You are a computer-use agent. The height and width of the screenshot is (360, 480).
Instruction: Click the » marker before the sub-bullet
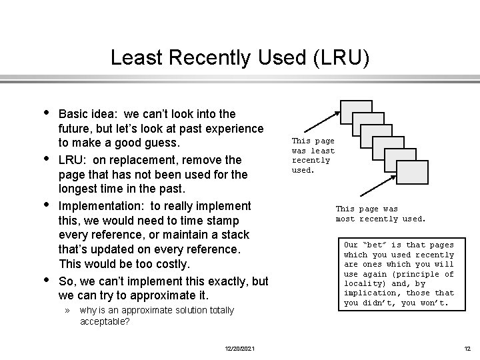click(67, 311)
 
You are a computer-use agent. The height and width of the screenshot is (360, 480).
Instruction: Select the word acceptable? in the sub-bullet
click(105, 321)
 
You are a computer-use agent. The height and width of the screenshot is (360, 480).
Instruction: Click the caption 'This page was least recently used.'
click(313, 155)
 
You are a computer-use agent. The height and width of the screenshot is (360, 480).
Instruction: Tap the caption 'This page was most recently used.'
click(380, 214)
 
